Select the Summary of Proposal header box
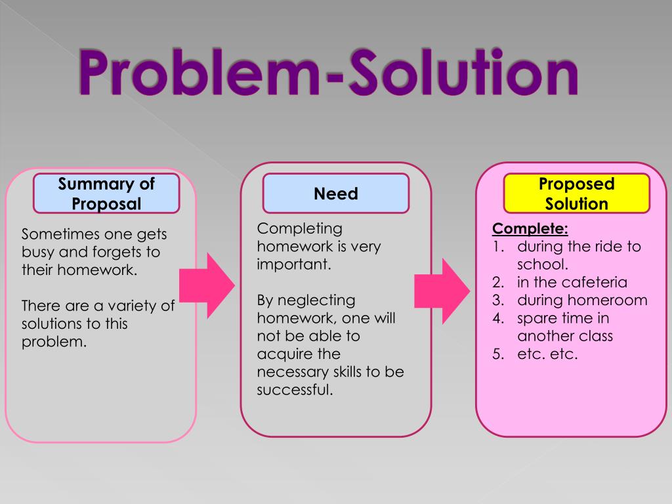[x=106, y=194]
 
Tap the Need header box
[x=335, y=194]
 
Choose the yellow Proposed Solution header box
[x=576, y=194]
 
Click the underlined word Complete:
[x=530, y=229]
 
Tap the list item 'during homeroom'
[x=582, y=300]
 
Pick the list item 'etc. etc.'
[x=547, y=354]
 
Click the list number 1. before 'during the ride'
[x=498, y=247]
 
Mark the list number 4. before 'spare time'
[x=498, y=318]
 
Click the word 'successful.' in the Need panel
[x=295, y=390]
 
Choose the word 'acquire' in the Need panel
[x=281, y=354]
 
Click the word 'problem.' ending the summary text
[x=54, y=341]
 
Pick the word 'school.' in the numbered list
[x=542, y=264]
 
